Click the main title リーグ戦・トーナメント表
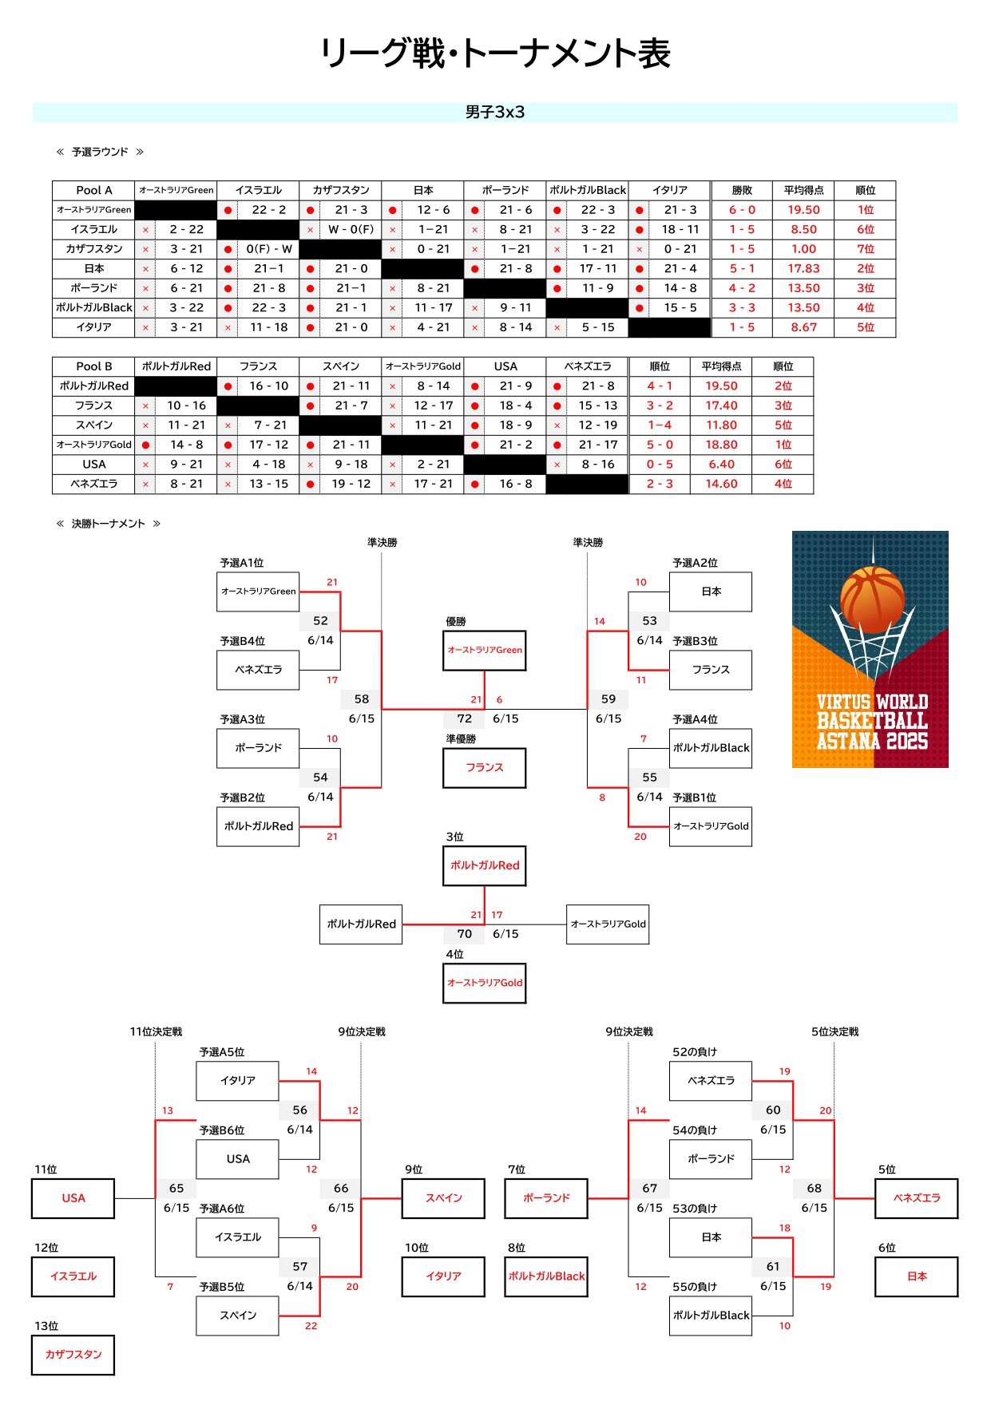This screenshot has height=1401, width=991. point(495,53)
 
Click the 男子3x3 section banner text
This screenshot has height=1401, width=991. point(495,112)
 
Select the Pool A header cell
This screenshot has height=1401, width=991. point(93,190)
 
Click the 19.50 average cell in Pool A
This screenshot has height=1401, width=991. point(803,210)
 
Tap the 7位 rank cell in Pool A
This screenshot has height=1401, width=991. point(865,249)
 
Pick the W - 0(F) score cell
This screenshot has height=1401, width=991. point(351,229)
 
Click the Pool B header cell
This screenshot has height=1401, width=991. point(93,366)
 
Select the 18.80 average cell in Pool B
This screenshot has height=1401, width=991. point(721,445)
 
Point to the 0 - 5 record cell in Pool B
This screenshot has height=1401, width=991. point(660,464)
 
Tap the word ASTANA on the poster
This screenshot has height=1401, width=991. point(848,741)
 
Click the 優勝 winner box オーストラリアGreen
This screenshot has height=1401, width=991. point(485,651)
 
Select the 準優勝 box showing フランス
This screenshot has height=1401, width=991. point(485,768)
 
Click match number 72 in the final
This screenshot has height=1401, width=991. point(464,718)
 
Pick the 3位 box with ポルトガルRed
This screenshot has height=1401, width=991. point(485,865)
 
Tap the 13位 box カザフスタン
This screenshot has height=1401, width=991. point(73,1355)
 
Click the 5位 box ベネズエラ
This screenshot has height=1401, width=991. point(917,1198)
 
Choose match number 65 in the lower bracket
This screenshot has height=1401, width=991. point(176,1188)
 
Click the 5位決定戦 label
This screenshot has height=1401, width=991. point(835,1031)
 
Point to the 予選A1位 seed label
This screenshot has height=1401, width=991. point(242,563)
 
